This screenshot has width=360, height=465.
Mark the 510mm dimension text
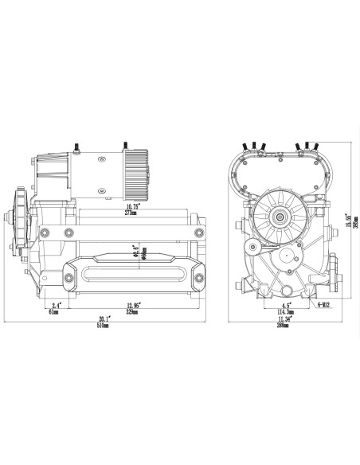[x=104, y=324]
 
